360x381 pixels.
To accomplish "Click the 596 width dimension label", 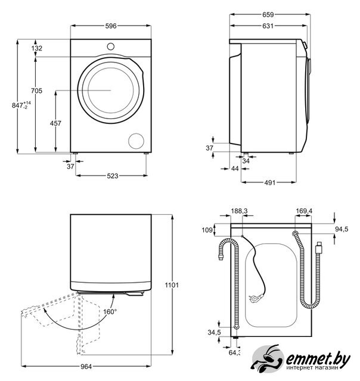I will click(111, 26).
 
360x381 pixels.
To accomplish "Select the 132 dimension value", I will click(37, 48).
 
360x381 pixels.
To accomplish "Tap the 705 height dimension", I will click(37, 90).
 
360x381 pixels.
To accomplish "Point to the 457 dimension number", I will click(55, 123).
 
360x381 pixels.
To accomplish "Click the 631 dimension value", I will click(269, 26).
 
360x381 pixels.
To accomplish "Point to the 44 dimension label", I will click(235, 169).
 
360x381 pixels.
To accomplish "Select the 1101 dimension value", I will click(172, 286).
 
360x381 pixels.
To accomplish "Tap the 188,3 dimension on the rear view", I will click(240, 211).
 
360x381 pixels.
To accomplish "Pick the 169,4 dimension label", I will click(303, 211).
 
